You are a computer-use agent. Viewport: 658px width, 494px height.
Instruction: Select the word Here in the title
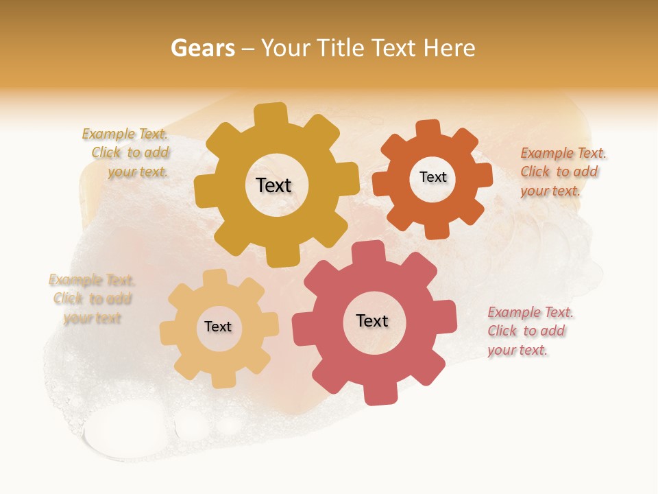click(449, 48)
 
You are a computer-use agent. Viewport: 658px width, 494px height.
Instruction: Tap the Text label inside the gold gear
click(273, 185)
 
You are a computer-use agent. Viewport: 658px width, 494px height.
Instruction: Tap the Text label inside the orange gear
click(432, 177)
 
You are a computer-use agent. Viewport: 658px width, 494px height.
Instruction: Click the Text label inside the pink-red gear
click(372, 321)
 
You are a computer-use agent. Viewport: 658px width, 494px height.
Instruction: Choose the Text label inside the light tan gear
click(218, 327)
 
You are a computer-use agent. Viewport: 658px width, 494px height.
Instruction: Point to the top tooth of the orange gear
click(428, 128)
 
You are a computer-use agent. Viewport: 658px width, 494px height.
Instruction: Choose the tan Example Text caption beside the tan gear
click(92, 298)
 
